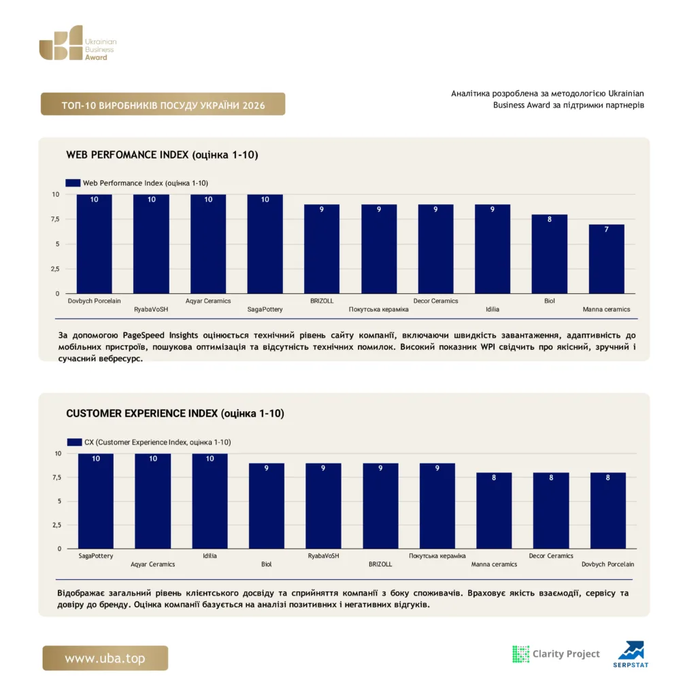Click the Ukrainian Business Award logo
pyautogui.click(x=78, y=43)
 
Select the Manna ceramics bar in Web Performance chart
pyautogui.click(x=606, y=259)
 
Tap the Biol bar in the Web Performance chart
pyautogui.click(x=549, y=254)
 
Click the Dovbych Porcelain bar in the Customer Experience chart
pyautogui.click(x=608, y=510)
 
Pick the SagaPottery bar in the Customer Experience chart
pyautogui.click(x=95, y=501)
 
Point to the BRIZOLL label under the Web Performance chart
pyautogui.click(x=322, y=301)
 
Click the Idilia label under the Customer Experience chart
pyautogui.click(x=210, y=555)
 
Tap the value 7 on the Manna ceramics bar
pyautogui.click(x=606, y=229)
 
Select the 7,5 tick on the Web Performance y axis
pyautogui.click(x=55, y=219)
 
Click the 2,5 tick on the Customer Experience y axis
pyautogui.click(x=57, y=525)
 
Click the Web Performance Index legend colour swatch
pyautogui.click(x=73, y=182)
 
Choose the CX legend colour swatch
pyautogui.click(x=75, y=442)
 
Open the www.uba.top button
pyautogui.click(x=105, y=658)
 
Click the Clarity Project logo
pyautogui.click(x=556, y=654)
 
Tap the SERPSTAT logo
pyautogui.click(x=631, y=654)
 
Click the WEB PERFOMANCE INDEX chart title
pyautogui.click(x=162, y=155)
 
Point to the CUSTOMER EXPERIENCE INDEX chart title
pyautogui.click(x=175, y=413)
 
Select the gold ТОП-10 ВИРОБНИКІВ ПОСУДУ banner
pyautogui.click(x=163, y=104)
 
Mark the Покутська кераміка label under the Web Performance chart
pyautogui.click(x=379, y=310)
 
